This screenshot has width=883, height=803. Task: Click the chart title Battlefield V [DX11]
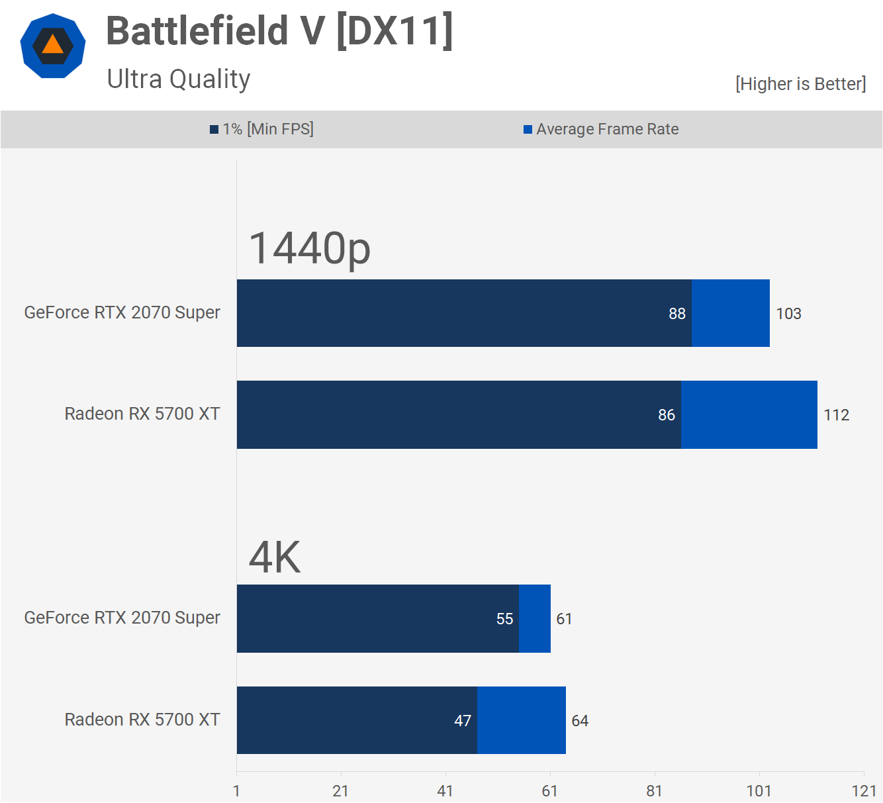[279, 31]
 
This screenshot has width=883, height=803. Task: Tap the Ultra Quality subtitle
[179, 79]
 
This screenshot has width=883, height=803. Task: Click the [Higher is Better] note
[800, 84]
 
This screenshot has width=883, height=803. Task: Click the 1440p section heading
[310, 248]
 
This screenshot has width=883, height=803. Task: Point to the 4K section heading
[275, 557]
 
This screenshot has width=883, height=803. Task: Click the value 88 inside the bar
[676, 314]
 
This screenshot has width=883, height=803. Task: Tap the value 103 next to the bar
[788, 314]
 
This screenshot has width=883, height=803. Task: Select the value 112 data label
[836, 415]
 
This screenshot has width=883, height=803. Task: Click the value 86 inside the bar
[666, 415]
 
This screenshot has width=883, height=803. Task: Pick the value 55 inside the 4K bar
[504, 619]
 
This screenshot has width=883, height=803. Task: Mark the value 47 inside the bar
[463, 721]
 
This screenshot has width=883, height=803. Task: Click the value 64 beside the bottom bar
[580, 721]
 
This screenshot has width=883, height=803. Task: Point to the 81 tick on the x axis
[654, 791]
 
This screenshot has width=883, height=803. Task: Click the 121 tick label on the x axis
[864, 791]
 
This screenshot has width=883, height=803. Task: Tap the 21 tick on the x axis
[340, 791]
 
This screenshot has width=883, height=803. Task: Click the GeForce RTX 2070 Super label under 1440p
[122, 312]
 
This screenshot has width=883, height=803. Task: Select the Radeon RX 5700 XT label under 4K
[142, 720]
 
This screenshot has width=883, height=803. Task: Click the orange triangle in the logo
[52, 46]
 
